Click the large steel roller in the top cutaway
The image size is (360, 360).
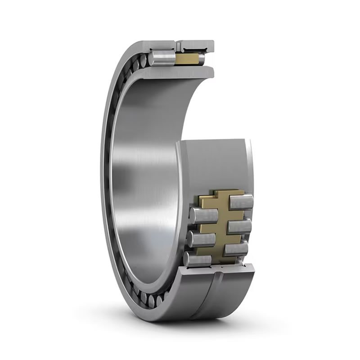(x=162, y=57)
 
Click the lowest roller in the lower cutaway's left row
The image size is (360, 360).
(x=197, y=258)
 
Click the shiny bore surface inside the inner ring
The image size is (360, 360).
(x=144, y=180)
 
